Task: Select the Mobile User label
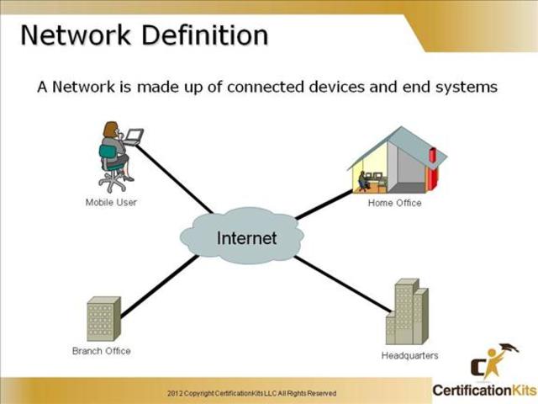pyautogui.click(x=111, y=202)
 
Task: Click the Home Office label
pyautogui.click(x=394, y=203)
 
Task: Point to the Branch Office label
pyautogui.click(x=102, y=351)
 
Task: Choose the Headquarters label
pyautogui.click(x=409, y=356)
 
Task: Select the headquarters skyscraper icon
pyautogui.click(x=408, y=312)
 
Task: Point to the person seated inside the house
pyautogui.click(x=363, y=179)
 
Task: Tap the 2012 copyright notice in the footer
pyautogui.click(x=251, y=393)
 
